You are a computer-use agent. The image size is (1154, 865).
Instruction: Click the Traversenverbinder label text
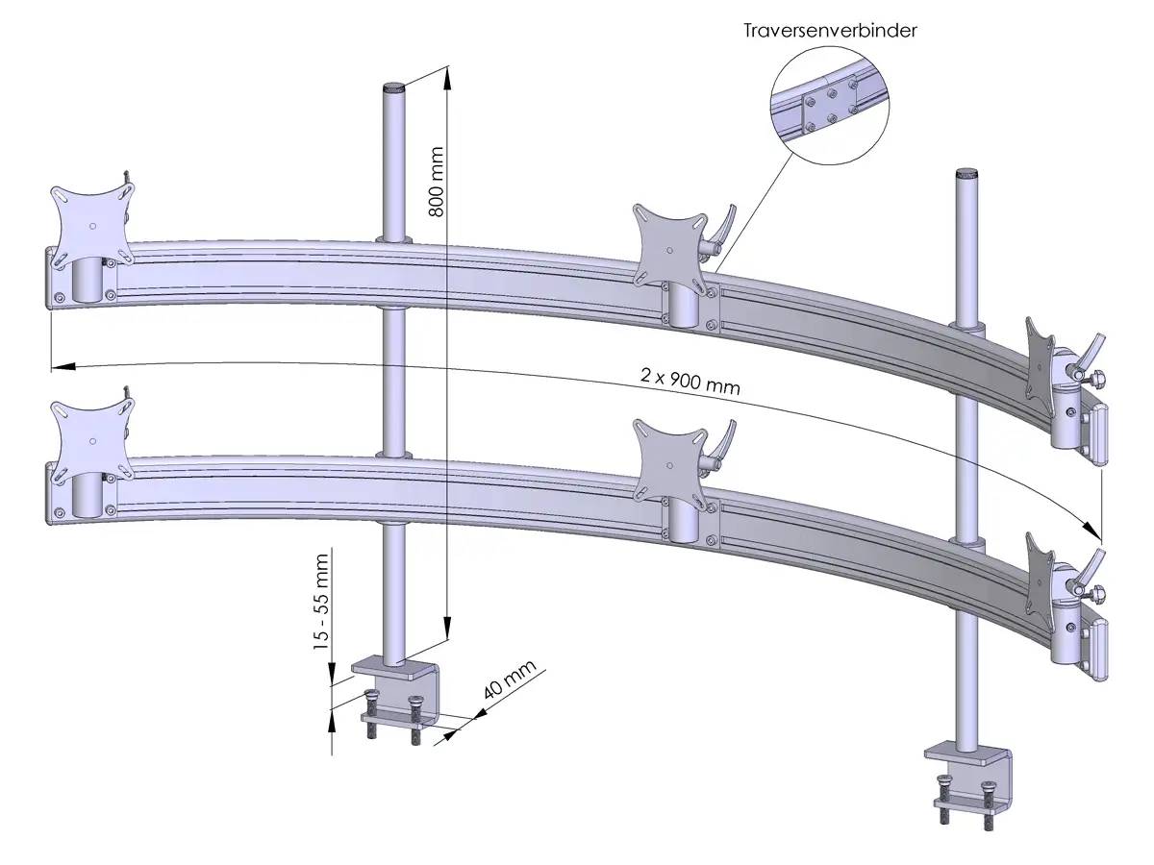(830, 30)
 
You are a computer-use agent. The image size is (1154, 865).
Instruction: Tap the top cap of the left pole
(394, 87)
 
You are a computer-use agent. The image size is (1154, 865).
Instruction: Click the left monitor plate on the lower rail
(92, 437)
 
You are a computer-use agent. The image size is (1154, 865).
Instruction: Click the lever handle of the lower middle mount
(721, 444)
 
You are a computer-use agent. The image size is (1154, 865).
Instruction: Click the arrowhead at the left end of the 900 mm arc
(58, 364)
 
